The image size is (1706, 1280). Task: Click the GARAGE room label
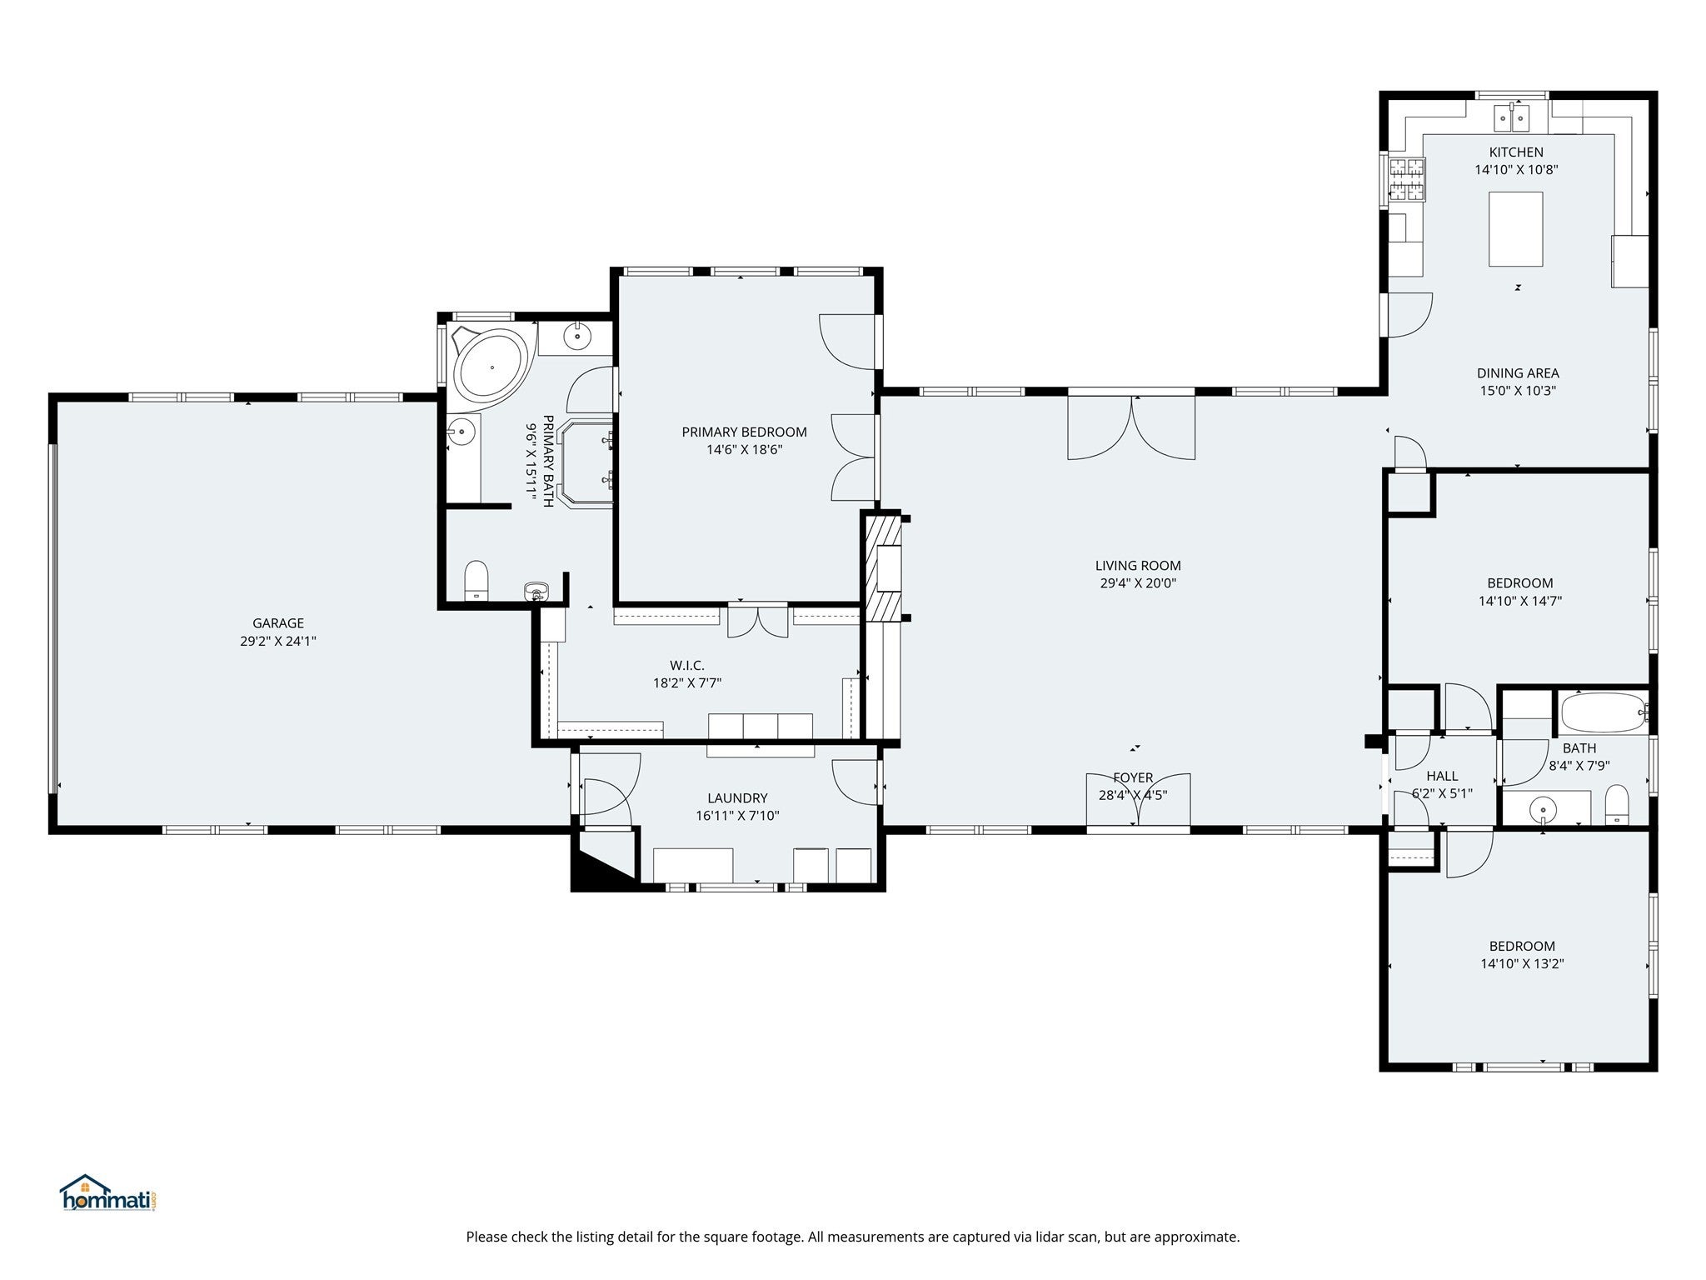coord(278,623)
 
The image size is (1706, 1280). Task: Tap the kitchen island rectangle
coord(1515,229)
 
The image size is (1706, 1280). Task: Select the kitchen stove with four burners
coord(1406,180)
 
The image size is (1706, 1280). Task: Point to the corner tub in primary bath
coord(491,367)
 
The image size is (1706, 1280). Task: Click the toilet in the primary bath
coord(476,580)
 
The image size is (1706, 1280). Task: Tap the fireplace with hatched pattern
coord(883,568)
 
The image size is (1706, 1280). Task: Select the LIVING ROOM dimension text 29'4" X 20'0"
coord(1138,583)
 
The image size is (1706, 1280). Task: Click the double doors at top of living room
coord(1132,427)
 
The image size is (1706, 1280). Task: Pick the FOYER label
coord(1133,777)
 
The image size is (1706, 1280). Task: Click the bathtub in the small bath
coord(1604,713)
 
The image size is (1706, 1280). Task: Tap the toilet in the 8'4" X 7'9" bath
coord(1617,804)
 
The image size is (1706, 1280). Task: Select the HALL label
coord(1442,776)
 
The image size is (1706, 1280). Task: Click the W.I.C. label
coord(686,665)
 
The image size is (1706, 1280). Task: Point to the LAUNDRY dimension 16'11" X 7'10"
coord(737,816)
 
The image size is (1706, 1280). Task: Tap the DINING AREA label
coord(1518,373)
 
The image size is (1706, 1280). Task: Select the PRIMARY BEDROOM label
coord(744,432)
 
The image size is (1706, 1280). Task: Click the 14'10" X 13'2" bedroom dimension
coord(1522,963)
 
